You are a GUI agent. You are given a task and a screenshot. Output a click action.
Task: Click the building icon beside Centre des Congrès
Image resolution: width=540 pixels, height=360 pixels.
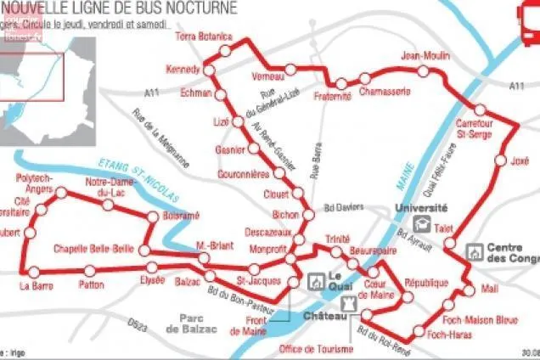point(475,252)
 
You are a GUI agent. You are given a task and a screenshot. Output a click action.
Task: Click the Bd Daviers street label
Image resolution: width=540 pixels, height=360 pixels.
point(344,206)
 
